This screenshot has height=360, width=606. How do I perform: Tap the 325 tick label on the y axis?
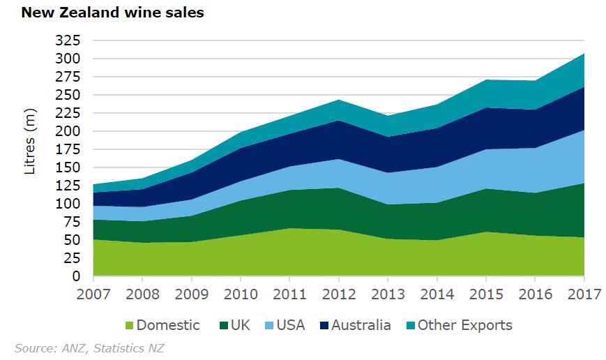(68, 40)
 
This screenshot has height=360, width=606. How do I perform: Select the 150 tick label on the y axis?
(68, 167)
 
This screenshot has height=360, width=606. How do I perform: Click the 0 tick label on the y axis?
(77, 276)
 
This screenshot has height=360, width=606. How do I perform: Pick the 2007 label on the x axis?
(93, 294)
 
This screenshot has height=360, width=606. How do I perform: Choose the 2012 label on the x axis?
(338, 294)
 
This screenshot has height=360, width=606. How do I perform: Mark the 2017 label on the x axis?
(583, 294)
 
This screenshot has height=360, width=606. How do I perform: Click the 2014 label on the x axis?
(437, 294)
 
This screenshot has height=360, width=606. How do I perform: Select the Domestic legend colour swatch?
(129, 325)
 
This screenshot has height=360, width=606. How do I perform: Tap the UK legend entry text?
(240, 325)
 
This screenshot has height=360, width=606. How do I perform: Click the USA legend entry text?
(291, 325)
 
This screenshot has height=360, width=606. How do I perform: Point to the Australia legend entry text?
(361, 325)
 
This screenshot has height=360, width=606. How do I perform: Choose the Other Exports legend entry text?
(464, 325)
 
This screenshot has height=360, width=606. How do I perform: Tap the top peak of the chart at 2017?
(584, 54)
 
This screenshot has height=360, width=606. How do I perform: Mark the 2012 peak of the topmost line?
(338, 100)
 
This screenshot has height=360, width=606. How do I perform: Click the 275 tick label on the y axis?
(68, 77)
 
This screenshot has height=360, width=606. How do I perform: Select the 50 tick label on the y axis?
(73, 240)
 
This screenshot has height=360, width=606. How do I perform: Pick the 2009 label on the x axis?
(191, 294)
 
